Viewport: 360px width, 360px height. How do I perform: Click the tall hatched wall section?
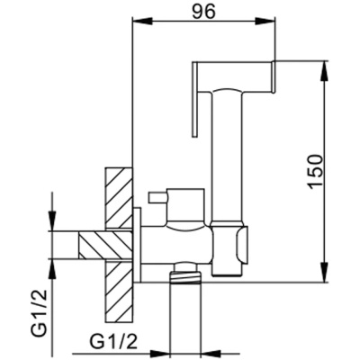coord(119,243)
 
